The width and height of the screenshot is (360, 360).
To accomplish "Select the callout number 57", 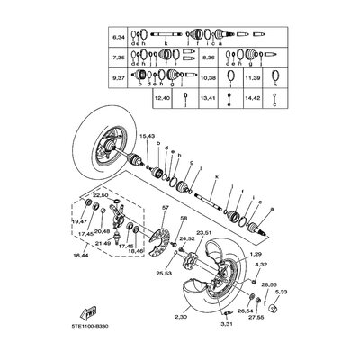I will click(165, 232).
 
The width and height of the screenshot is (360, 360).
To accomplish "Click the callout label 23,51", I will click(205, 258).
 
